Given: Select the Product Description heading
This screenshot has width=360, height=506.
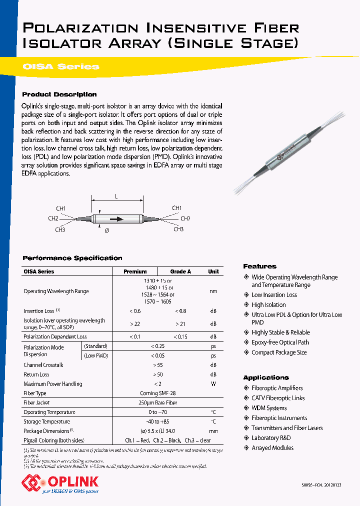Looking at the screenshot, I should (59, 94).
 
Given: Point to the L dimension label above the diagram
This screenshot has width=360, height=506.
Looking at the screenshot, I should (116, 197).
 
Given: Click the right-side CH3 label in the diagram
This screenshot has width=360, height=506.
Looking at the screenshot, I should (178, 229).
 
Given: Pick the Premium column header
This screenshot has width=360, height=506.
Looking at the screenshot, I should (135, 271).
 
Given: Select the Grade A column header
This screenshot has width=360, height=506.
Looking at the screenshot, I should (180, 271).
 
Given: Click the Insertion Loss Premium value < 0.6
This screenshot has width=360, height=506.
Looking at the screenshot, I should (135, 311).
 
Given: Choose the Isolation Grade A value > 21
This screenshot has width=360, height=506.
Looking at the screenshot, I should (180, 324).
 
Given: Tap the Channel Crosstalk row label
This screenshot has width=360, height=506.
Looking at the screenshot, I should (43, 365).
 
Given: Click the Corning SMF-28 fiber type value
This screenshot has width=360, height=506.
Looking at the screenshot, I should (158, 393).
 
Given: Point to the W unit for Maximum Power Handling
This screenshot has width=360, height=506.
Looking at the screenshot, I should (213, 384).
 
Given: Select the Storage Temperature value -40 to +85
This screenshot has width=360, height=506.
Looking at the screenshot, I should (158, 421).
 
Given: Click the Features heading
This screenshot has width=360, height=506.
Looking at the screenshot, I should (259, 266).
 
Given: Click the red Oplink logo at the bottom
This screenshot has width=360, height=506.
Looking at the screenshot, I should (60, 483).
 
